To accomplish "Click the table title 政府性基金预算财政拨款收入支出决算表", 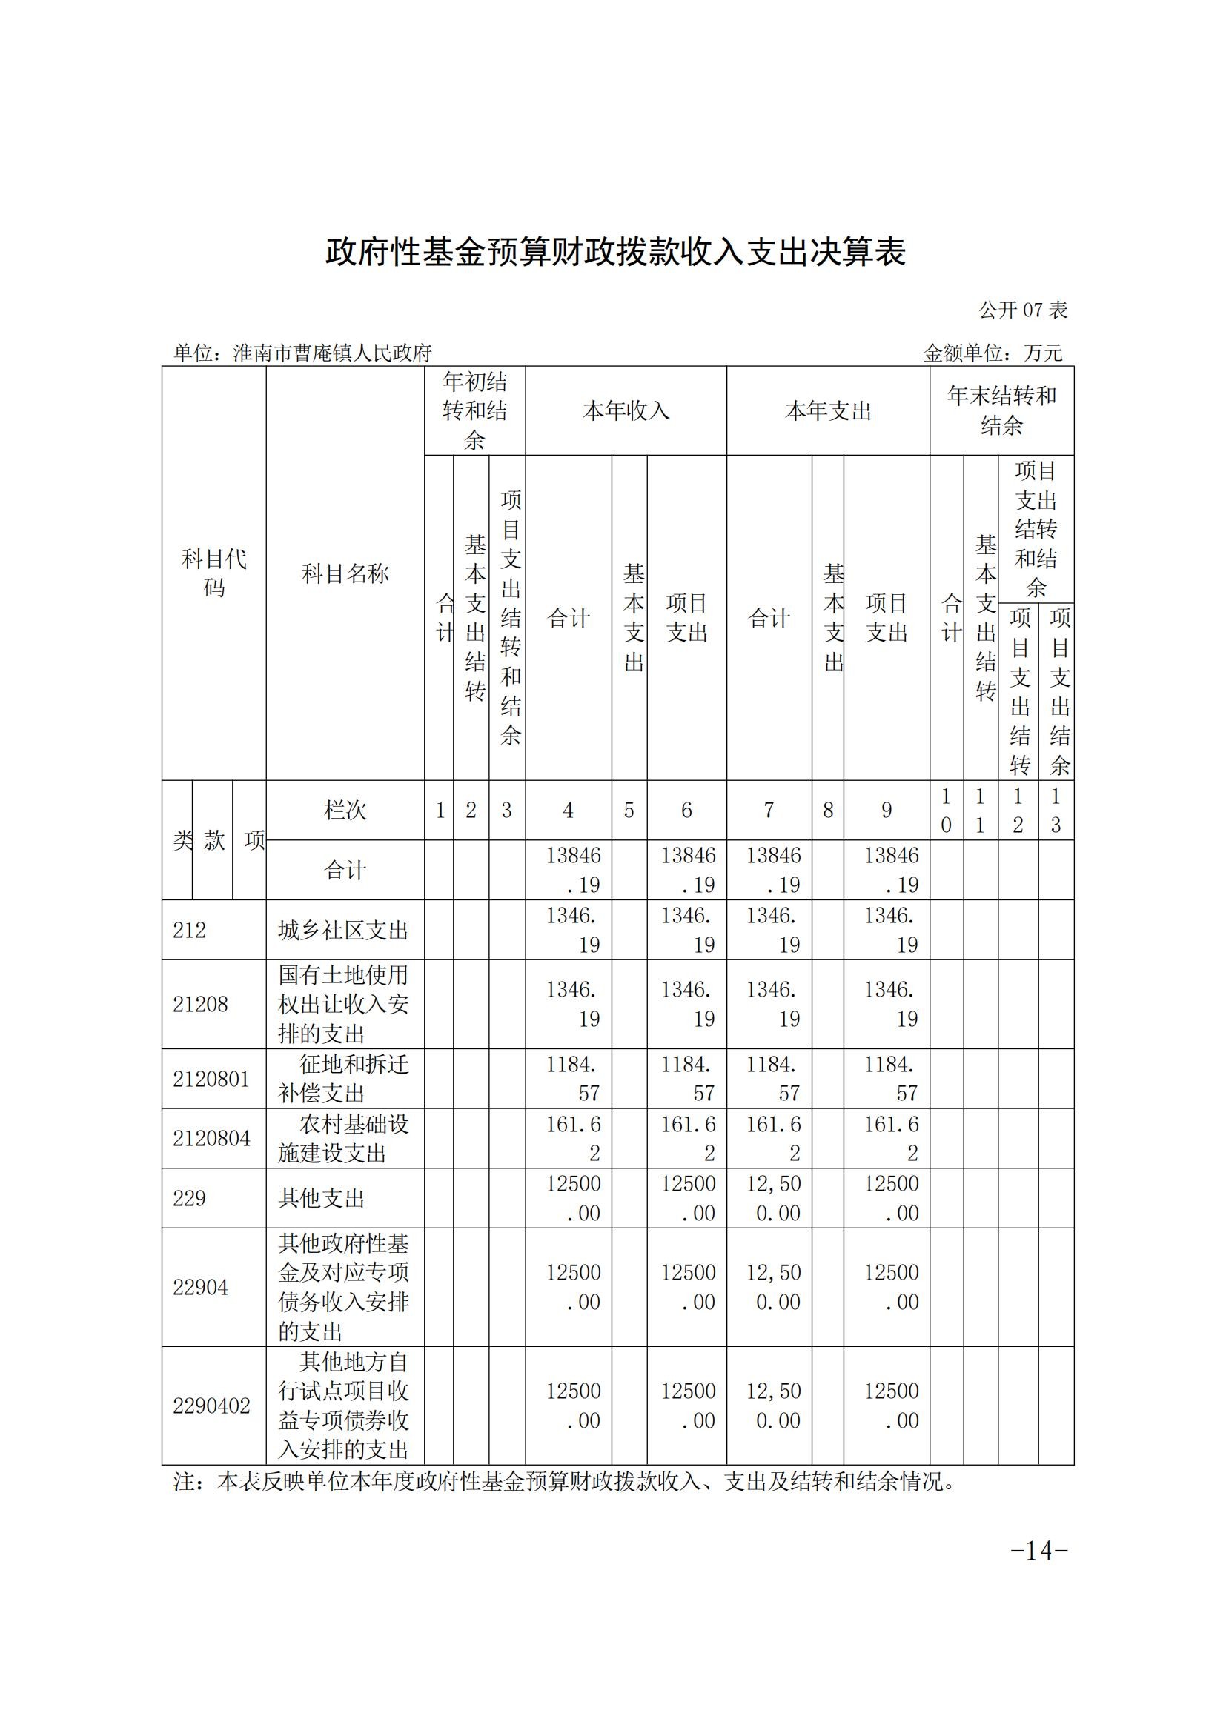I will pos(615,253).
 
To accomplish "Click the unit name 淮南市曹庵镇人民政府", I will pos(332,353).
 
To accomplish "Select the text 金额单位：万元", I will pos(993,353).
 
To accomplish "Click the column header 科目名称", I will pos(345,574).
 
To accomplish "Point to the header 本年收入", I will pos(626,411).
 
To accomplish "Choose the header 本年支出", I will pos(827,411).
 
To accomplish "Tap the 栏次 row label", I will pos(345,811).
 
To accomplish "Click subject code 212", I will pos(190,930).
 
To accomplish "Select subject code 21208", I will pos(200,1004).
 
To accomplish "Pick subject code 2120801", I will pos(211,1079).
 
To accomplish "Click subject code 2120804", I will pos(211,1138).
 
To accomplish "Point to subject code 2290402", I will pos(211,1406).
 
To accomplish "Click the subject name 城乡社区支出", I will pos(343,930).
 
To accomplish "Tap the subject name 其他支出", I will pos(322,1199).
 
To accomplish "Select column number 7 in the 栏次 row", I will pos(769,811).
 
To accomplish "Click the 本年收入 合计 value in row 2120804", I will pos(574,1138).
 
